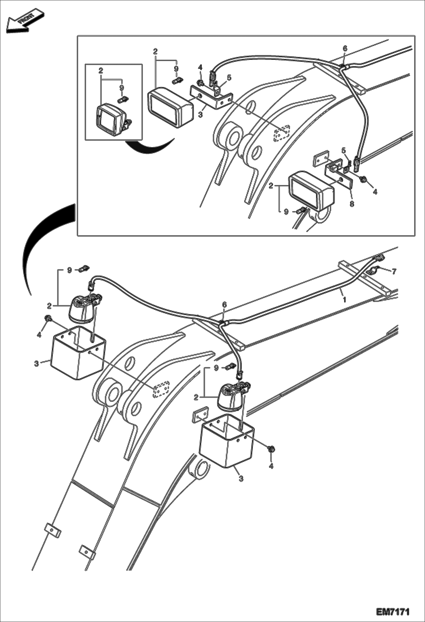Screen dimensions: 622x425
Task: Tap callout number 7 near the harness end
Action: (x=394, y=271)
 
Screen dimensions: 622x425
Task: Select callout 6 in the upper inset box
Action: (x=345, y=48)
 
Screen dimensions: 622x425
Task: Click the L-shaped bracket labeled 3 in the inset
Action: (x=210, y=98)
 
